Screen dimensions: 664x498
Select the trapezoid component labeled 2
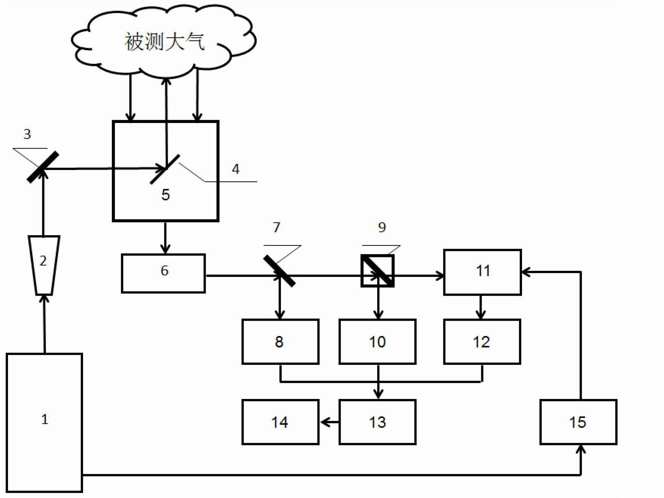(44, 265)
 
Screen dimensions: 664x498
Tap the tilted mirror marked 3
(43, 167)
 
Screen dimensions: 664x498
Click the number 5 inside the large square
(166, 195)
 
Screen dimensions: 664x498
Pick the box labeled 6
(163, 273)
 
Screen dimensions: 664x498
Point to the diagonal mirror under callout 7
(279, 271)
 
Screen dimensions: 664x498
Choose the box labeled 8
(280, 341)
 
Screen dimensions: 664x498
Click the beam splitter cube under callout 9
(378, 271)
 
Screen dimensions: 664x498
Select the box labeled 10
(378, 341)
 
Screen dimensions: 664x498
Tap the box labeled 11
(483, 272)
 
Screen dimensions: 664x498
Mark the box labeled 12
(482, 341)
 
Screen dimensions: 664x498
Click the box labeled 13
(378, 422)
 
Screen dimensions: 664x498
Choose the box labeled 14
(280, 422)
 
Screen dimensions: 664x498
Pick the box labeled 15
(578, 422)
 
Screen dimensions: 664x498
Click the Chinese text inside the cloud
(165, 41)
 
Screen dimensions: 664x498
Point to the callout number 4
(236, 169)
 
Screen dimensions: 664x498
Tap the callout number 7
(277, 227)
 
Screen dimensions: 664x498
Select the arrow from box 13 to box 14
(329, 422)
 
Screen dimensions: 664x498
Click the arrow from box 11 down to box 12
(481, 307)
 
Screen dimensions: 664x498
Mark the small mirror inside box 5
(165, 169)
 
